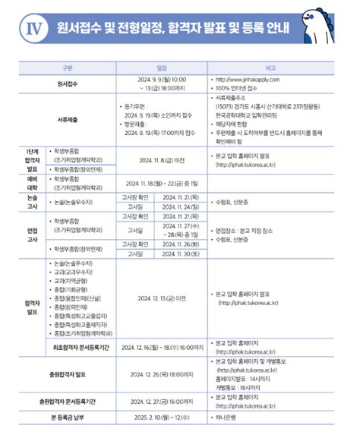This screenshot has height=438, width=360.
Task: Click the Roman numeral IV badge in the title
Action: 32,29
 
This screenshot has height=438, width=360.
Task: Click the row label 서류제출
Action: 69,119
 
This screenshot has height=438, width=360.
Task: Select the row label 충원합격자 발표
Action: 69,373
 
